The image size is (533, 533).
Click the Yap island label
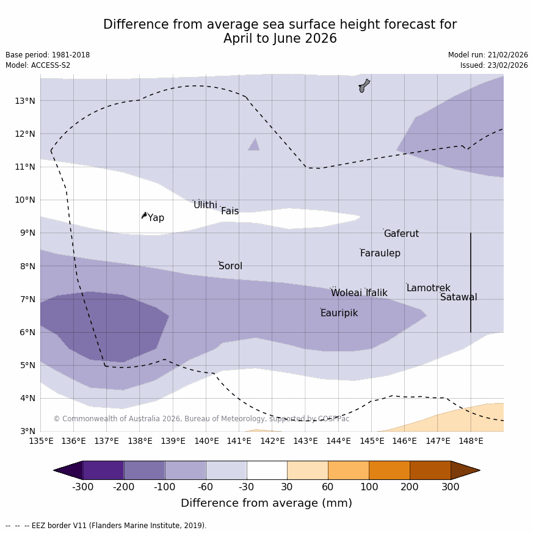156,218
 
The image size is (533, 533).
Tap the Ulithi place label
205,205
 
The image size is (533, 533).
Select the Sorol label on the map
230,266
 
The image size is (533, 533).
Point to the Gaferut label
401,234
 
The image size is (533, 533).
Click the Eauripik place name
339,313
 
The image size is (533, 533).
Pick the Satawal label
459,297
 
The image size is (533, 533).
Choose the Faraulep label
380,253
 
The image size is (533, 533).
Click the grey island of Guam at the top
364,85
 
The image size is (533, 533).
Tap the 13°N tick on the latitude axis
24,101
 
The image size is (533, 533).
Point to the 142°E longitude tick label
272,441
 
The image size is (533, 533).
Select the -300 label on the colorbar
83,487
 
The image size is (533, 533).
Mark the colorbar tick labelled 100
369,487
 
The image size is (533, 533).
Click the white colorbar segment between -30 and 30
267,470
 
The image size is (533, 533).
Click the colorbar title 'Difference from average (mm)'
266,503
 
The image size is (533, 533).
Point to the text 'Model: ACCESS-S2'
38,65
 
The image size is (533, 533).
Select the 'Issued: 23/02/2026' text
494,65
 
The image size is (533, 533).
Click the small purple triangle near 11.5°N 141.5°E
254,145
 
